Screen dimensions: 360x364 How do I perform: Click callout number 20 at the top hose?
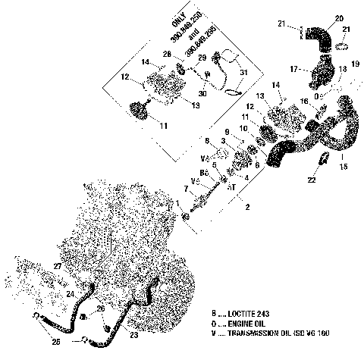(338, 17)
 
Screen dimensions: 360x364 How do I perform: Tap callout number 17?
(293, 69)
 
